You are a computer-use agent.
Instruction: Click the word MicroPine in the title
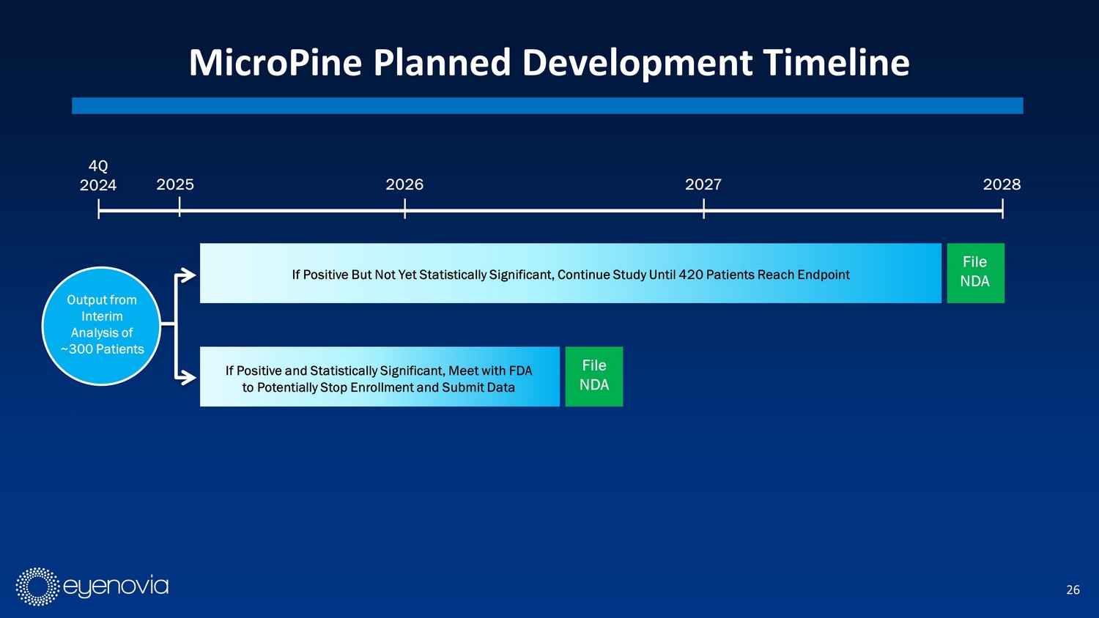click(x=275, y=63)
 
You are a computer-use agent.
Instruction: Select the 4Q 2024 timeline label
click(x=98, y=176)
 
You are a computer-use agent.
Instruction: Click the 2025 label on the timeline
click(x=175, y=185)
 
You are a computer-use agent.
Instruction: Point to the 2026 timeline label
click(x=404, y=185)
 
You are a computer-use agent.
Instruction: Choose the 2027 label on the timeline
click(x=703, y=185)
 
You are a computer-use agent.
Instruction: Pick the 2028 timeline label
click(x=1002, y=185)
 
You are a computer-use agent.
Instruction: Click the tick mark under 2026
click(x=404, y=209)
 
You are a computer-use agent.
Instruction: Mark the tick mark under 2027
click(x=703, y=209)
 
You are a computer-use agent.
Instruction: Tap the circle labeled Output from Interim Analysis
click(x=102, y=326)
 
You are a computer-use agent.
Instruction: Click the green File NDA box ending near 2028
click(x=975, y=273)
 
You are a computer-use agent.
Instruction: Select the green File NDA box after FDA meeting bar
click(x=594, y=376)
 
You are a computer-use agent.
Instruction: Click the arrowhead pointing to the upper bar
click(x=188, y=275)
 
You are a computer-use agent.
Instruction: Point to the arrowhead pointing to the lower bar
click(x=188, y=378)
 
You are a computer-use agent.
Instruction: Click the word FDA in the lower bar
click(x=520, y=371)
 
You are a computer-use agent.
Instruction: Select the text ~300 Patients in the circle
click(x=102, y=349)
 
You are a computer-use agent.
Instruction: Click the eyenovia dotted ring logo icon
click(x=37, y=587)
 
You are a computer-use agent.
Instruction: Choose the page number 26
click(x=1073, y=590)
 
